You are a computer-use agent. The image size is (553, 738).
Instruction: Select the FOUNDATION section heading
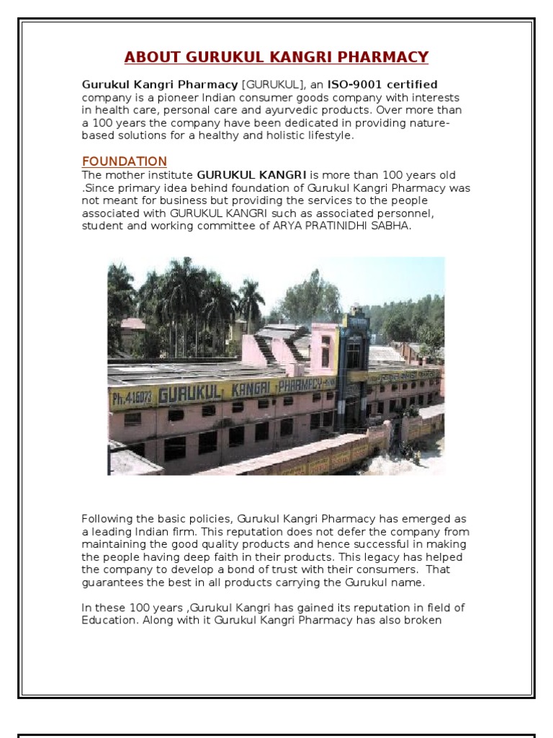(x=124, y=161)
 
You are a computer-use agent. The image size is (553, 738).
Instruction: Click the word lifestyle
(x=330, y=135)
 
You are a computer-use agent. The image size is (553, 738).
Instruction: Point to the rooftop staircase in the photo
(x=268, y=348)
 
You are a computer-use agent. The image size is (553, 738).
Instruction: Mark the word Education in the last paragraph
(x=109, y=621)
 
